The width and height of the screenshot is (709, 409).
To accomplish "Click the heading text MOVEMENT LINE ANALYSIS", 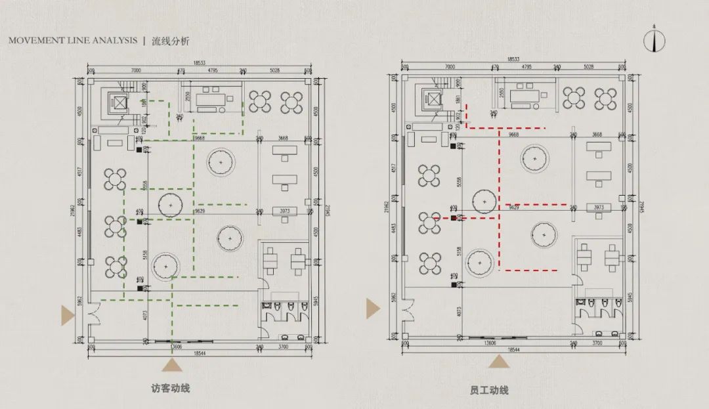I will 73,41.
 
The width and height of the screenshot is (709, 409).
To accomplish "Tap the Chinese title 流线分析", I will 170,41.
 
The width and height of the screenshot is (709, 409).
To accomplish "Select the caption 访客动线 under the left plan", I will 170,388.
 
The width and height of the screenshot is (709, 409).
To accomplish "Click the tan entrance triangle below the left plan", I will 172,366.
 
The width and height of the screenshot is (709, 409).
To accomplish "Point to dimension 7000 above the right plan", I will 450,67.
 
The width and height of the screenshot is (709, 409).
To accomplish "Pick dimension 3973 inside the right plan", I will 599,207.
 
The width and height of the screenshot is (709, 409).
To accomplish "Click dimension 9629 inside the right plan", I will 514,207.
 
